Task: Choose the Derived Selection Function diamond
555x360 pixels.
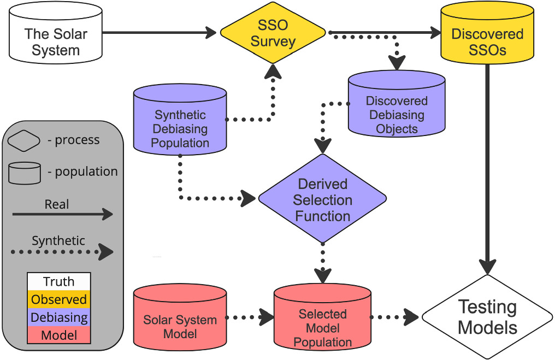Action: point(322,199)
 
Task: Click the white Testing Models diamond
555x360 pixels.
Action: point(487,317)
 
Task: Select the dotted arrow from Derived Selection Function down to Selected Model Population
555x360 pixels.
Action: point(323,262)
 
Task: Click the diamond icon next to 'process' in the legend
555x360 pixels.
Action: point(25,140)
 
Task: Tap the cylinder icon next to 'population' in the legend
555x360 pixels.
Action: point(25,173)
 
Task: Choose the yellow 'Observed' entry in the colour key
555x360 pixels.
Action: point(58,299)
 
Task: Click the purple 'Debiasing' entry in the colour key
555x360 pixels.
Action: point(58,317)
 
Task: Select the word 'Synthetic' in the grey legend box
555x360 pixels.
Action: point(58,240)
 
